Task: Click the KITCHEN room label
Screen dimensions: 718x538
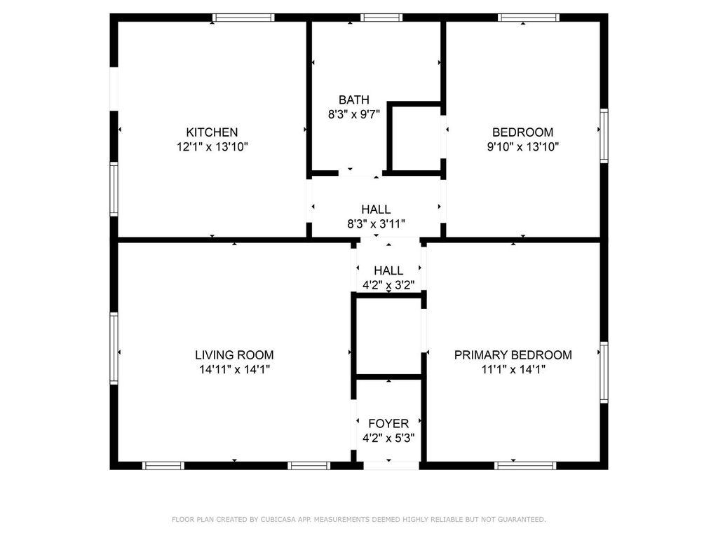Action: [212, 132]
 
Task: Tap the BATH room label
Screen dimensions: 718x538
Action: [354, 99]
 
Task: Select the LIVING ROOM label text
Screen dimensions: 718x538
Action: [234, 355]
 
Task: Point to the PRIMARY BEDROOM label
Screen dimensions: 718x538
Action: [513, 355]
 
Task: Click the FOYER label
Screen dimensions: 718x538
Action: [388, 424]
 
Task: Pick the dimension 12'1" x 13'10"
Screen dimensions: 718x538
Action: [212, 147]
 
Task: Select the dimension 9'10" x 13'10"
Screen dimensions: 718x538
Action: [523, 147]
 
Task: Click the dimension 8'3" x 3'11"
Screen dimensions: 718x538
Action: [376, 224]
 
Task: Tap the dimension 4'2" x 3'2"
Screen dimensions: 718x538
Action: [388, 286]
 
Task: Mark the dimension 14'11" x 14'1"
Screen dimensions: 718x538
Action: [234, 370]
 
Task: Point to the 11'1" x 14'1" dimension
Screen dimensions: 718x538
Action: [513, 370]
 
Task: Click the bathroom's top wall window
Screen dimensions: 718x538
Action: [381, 18]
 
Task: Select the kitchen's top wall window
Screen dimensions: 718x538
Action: [243, 18]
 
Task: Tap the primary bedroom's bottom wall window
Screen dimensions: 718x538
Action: [525, 466]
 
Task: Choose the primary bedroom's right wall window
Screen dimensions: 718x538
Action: [604, 372]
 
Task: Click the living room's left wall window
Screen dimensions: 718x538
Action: [114, 348]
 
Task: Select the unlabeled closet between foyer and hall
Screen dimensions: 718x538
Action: [388, 336]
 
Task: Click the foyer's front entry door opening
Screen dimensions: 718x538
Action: [391, 466]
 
